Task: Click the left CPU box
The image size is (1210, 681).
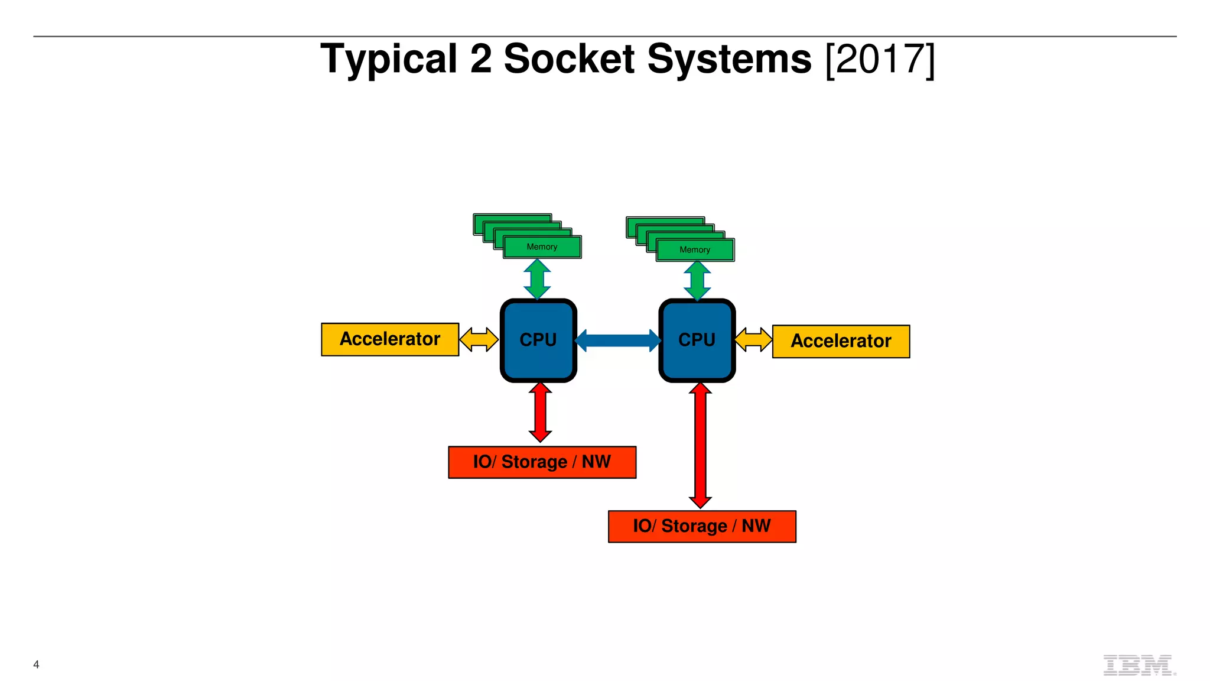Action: (x=538, y=340)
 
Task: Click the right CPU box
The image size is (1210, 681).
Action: (x=697, y=340)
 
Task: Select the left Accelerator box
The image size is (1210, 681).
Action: (x=390, y=339)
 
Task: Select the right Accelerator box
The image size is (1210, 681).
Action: (x=841, y=341)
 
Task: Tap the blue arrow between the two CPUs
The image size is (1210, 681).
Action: (x=618, y=340)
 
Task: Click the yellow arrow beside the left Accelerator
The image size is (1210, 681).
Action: (x=479, y=339)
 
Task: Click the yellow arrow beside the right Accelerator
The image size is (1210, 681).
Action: (x=753, y=340)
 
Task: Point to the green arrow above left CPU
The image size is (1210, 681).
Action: (x=537, y=279)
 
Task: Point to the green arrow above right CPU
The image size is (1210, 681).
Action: (x=697, y=281)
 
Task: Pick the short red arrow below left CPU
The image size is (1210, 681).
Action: (x=540, y=412)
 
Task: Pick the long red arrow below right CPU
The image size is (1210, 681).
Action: (x=700, y=445)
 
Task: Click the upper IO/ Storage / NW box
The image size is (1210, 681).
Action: (x=542, y=462)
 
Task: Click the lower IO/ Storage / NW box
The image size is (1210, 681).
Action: (x=702, y=526)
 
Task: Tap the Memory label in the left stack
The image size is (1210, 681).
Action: (x=542, y=247)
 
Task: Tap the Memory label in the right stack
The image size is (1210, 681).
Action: (x=695, y=250)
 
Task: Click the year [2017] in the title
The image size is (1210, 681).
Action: (x=880, y=59)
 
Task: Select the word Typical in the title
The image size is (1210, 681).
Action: (x=389, y=59)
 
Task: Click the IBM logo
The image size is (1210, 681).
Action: (x=1138, y=665)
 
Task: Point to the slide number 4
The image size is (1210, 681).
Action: (x=36, y=664)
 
